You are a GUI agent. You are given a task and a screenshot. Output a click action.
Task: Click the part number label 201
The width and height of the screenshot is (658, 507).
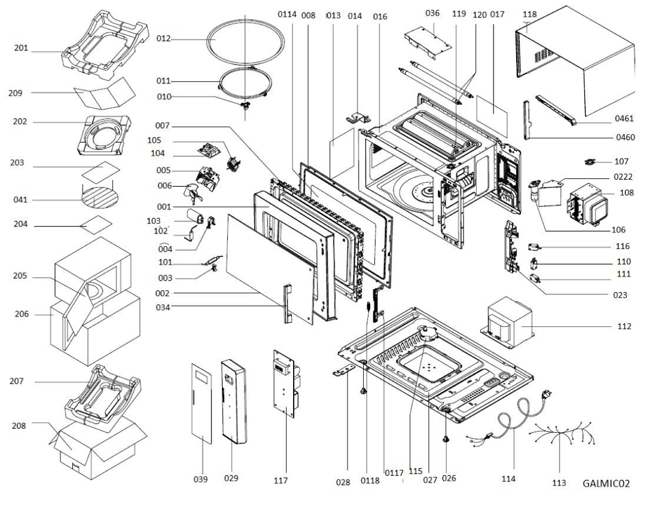(x=22, y=47)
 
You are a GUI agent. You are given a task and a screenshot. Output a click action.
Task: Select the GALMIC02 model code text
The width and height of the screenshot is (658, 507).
(x=605, y=483)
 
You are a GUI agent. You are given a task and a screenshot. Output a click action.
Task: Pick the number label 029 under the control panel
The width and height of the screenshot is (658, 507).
(x=231, y=478)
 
